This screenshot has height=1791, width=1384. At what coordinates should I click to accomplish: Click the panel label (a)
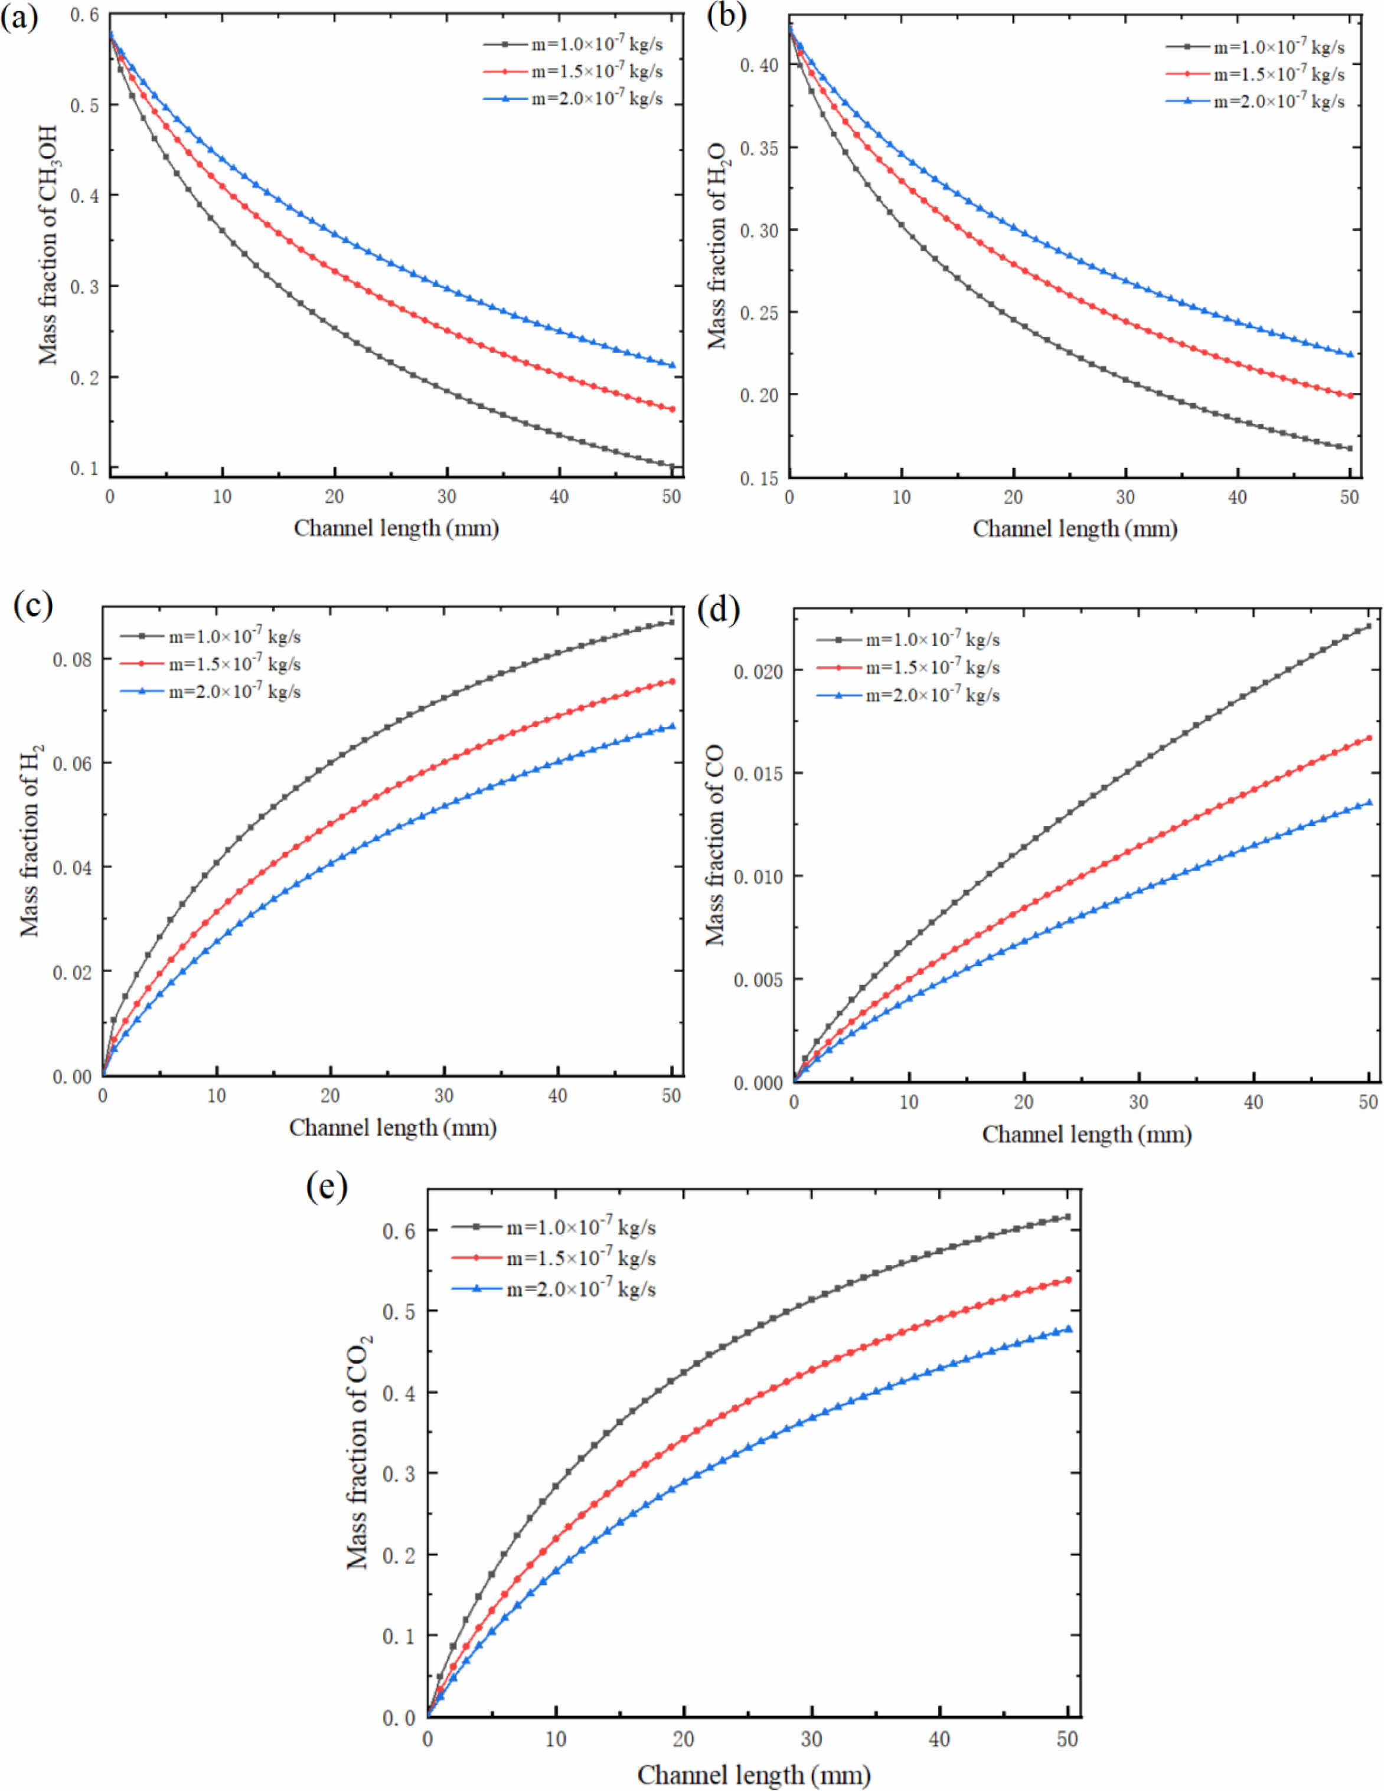click(x=19, y=17)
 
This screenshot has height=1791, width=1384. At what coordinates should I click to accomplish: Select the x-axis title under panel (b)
click(x=1075, y=529)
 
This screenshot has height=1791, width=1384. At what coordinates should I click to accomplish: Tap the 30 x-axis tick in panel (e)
click(x=811, y=1738)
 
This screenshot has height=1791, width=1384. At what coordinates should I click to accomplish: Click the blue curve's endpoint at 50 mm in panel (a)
click(x=673, y=365)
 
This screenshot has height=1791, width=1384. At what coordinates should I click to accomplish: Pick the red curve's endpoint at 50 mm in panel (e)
click(x=1068, y=1279)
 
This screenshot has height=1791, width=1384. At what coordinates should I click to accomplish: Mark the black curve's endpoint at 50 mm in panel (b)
click(x=1350, y=448)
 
